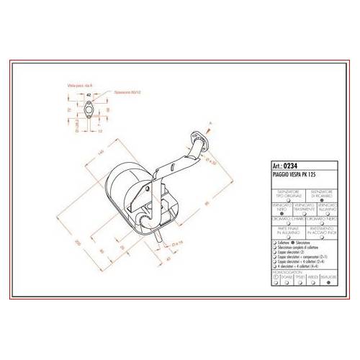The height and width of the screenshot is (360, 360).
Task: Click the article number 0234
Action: coord(292,163)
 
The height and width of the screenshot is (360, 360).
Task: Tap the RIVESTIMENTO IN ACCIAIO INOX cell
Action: coord(320,233)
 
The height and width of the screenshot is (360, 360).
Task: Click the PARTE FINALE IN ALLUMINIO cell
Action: coord(280,233)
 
